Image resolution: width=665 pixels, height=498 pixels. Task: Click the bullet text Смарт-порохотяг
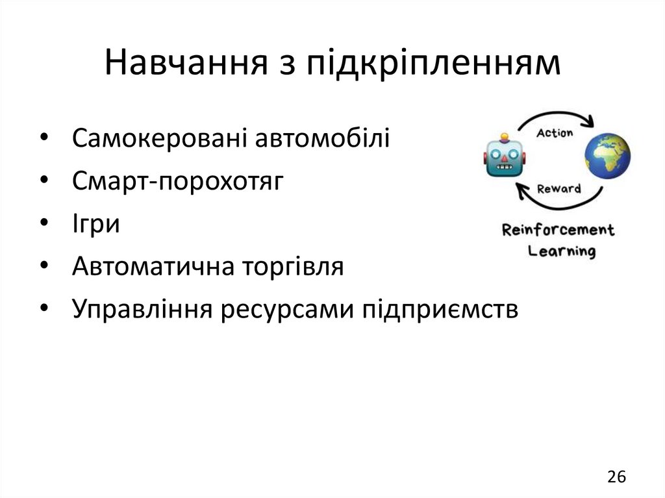(x=178, y=182)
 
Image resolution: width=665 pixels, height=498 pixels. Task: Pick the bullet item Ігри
(x=96, y=224)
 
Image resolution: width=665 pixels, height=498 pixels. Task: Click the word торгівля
(x=290, y=267)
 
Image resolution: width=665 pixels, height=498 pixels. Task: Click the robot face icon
(x=503, y=156)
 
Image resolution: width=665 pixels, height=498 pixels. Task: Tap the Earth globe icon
(x=607, y=156)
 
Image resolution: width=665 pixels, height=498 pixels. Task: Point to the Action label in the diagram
(x=555, y=132)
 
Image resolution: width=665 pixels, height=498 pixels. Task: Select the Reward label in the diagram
(x=558, y=188)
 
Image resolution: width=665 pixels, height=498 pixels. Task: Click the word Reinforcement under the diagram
(x=558, y=230)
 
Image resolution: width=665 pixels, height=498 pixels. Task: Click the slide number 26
(x=616, y=477)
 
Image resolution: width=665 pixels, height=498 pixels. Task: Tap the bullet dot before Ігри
(x=43, y=225)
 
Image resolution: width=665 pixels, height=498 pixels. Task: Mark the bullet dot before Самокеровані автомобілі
(x=43, y=139)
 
